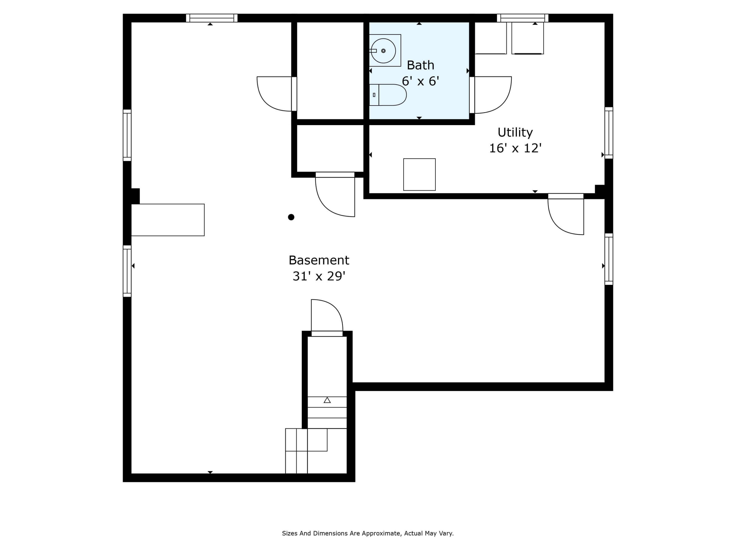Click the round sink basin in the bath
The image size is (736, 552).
383,51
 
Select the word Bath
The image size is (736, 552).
420,65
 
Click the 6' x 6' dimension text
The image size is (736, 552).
420,81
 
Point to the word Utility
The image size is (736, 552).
515,132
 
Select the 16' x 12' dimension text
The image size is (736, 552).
515,148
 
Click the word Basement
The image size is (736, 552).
318,260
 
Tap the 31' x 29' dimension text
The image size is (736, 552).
318,276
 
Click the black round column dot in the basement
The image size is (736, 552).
291,217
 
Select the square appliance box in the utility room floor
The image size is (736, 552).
419,174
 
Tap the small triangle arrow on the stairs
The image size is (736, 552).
327,400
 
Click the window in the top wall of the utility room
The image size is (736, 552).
522,18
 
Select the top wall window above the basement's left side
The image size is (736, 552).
212,18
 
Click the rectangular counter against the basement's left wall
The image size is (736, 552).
168,220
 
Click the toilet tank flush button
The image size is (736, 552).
374,95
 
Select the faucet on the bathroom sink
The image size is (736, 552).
373,51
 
